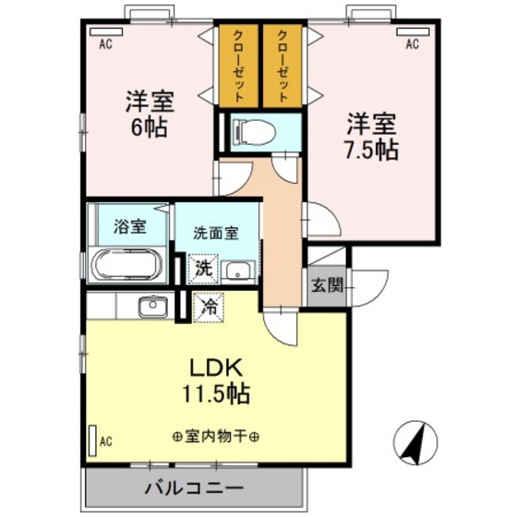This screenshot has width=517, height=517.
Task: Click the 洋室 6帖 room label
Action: pyautogui.click(x=149, y=113)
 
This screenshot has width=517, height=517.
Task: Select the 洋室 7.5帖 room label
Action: pyautogui.click(x=373, y=136)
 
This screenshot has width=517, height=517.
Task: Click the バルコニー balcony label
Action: pyautogui.click(x=193, y=487)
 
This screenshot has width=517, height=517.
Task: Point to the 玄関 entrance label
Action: pyautogui.click(x=325, y=285)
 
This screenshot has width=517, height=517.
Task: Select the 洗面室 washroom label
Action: pyautogui.click(x=217, y=233)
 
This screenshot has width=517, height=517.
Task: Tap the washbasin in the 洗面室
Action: pyautogui.click(x=240, y=271)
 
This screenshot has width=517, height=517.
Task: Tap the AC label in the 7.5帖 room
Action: pyautogui.click(x=412, y=42)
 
